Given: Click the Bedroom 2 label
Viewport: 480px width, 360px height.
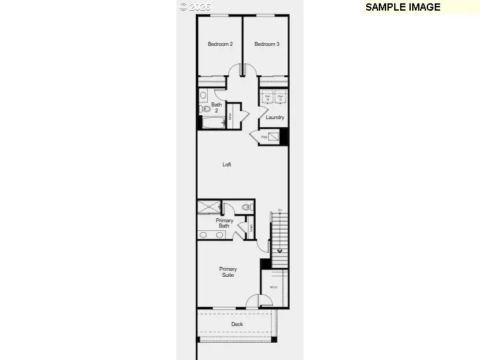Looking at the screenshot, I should click(x=220, y=45).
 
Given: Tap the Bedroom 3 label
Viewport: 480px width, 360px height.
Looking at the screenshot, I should click(x=266, y=45).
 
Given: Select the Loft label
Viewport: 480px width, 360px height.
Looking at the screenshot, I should click(x=226, y=164).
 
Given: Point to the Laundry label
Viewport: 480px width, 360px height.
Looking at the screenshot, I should click(x=275, y=118).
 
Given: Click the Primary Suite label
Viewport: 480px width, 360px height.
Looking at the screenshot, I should click(x=228, y=271).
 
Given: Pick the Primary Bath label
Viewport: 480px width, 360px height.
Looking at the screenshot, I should click(x=224, y=223).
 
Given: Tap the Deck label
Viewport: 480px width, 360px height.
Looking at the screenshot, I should click(x=237, y=325).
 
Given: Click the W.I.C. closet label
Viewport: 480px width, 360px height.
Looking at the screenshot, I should click(x=274, y=287).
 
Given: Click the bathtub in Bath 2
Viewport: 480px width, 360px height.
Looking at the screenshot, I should click(x=212, y=123).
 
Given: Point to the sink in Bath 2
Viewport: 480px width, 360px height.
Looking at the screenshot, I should click(x=203, y=96).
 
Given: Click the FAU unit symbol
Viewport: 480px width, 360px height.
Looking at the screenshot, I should click(x=273, y=137).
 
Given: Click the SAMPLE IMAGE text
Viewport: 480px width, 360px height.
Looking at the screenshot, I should click(x=403, y=7).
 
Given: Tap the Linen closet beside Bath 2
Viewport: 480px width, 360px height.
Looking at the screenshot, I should click(x=229, y=117).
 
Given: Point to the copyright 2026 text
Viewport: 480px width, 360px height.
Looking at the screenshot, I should click(x=195, y=7).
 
